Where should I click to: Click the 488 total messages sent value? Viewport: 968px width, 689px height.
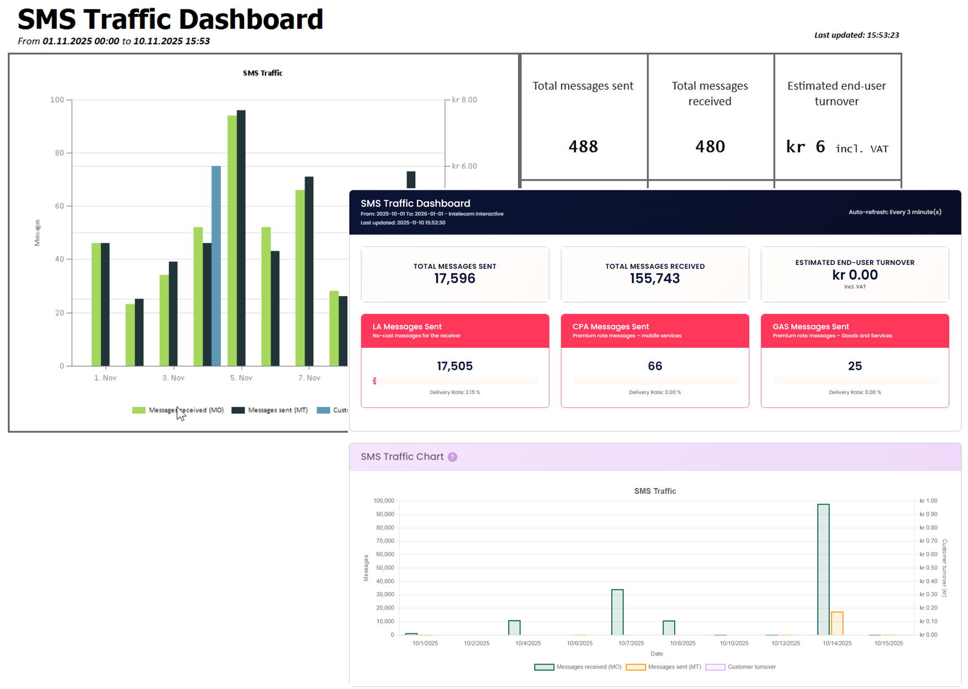tap(583, 146)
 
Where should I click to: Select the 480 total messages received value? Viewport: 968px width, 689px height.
tap(710, 146)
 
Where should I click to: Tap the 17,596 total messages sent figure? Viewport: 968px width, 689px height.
tap(454, 278)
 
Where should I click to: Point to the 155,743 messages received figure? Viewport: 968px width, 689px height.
tap(654, 278)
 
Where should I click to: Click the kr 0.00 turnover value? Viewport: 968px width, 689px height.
tap(855, 275)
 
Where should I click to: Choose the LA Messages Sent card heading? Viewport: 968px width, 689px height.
tap(407, 326)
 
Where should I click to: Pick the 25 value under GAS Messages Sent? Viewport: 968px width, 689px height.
tap(855, 366)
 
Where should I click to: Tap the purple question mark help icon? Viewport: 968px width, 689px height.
tap(453, 457)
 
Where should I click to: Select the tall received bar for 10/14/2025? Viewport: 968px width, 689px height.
tap(823, 569)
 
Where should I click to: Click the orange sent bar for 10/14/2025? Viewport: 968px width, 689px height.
tap(837, 624)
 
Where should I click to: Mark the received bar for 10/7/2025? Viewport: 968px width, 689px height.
tap(617, 612)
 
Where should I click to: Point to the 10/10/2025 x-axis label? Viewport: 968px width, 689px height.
tap(734, 643)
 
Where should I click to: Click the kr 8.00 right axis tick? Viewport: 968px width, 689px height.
tap(464, 100)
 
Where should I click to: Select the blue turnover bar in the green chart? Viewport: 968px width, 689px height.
tap(216, 265)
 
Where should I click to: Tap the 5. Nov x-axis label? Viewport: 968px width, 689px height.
tap(241, 378)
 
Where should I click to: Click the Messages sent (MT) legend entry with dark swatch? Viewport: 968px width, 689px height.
tap(270, 410)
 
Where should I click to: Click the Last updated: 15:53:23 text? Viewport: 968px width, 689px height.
tap(856, 35)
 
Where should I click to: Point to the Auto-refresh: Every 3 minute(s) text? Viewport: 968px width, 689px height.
tap(895, 212)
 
